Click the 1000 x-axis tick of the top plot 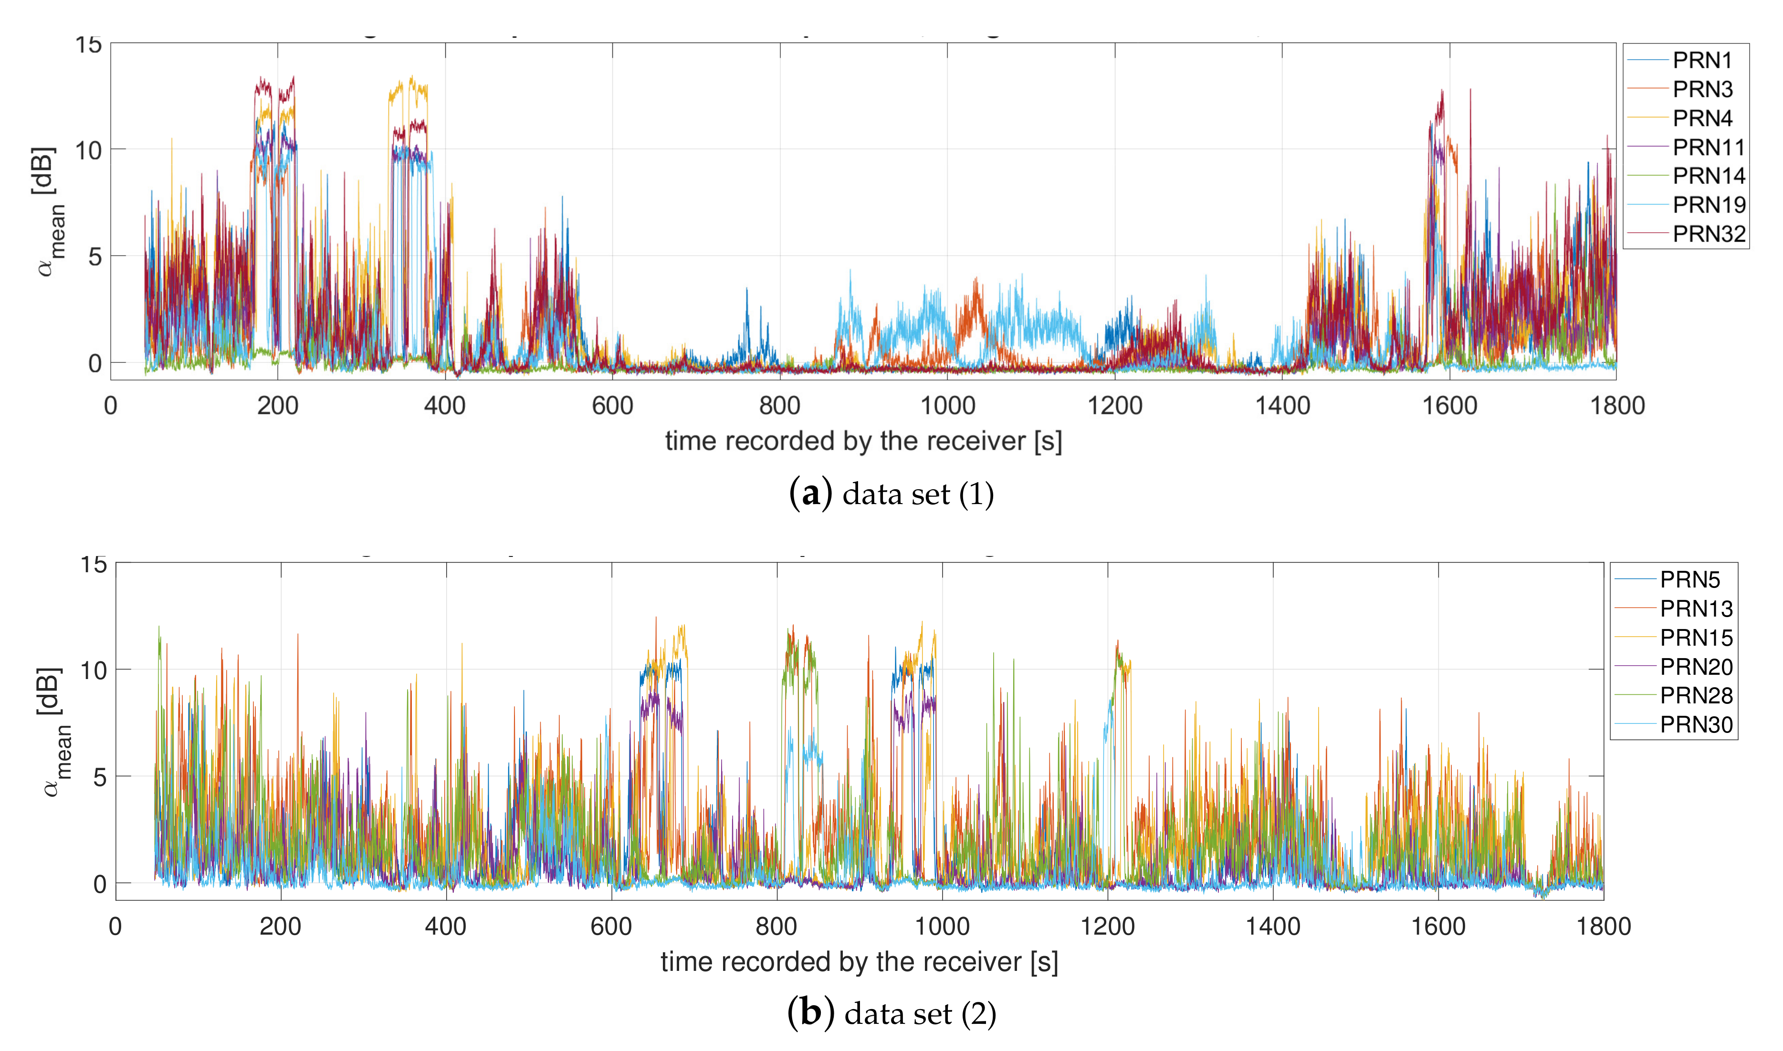[947, 406]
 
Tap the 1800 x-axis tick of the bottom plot [1603, 927]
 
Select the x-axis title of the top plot [863, 441]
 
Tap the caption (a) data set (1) [891, 494]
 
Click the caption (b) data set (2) [891, 1013]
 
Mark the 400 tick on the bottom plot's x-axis [446, 927]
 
